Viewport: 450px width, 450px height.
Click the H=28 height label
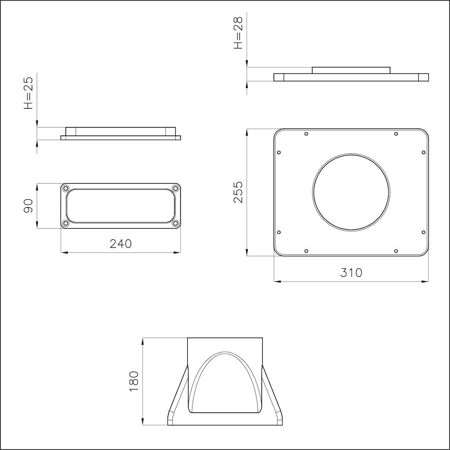coord(238,33)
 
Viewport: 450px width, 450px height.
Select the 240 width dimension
coord(121,244)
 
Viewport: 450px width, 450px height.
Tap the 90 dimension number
coord(28,206)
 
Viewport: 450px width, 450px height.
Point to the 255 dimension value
coord(238,192)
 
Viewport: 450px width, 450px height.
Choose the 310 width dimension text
coord(351,272)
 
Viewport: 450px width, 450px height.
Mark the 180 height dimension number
coord(134,381)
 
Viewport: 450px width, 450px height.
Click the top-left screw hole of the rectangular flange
coord(66,189)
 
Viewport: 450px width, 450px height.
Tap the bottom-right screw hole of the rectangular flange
coord(176,223)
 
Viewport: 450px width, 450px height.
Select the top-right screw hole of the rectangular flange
coord(176,189)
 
